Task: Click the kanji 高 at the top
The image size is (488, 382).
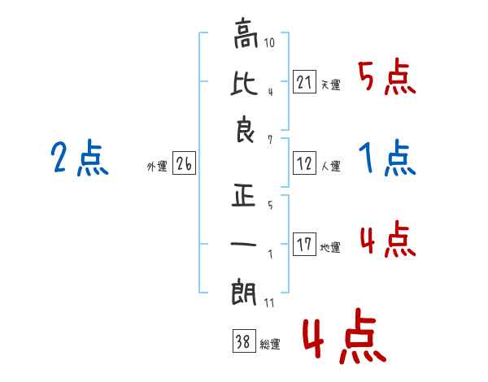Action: tap(246, 33)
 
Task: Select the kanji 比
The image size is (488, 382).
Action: tap(244, 84)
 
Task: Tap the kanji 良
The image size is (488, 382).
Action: tap(245, 129)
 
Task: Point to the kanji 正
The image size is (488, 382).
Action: tap(244, 196)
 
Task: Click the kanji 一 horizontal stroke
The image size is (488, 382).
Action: tap(243, 244)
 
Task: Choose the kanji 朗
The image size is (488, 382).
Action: tap(244, 292)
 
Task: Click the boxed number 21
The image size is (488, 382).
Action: tap(304, 82)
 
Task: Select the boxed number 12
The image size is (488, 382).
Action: tap(304, 163)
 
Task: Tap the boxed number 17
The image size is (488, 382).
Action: tap(304, 244)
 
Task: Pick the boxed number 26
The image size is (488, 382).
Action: tap(184, 163)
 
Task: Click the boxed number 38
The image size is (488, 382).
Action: tap(244, 341)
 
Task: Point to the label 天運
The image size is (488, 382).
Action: tap(331, 85)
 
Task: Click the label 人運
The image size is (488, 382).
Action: tap(331, 166)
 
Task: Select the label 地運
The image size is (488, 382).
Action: tap(330, 247)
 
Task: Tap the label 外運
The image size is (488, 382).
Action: tap(157, 167)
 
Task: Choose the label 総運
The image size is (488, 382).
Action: tap(270, 345)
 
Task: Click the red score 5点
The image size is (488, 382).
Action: tap(387, 76)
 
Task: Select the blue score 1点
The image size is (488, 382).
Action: tap(387, 158)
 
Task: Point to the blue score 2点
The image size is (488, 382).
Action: tap(80, 158)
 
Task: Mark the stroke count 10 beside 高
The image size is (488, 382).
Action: tap(269, 42)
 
